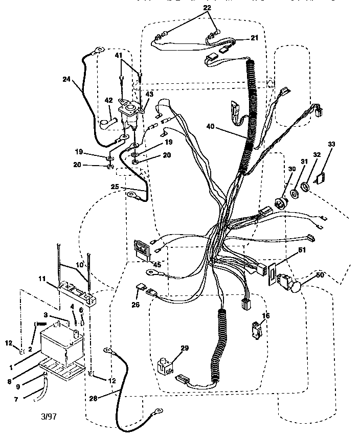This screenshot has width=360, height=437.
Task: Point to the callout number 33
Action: tap(331, 145)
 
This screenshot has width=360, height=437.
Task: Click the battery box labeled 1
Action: tap(59, 345)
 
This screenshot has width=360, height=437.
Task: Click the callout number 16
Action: tap(265, 317)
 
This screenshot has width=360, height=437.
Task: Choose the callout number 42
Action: tap(108, 101)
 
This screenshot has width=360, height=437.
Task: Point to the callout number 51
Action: tap(302, 250)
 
